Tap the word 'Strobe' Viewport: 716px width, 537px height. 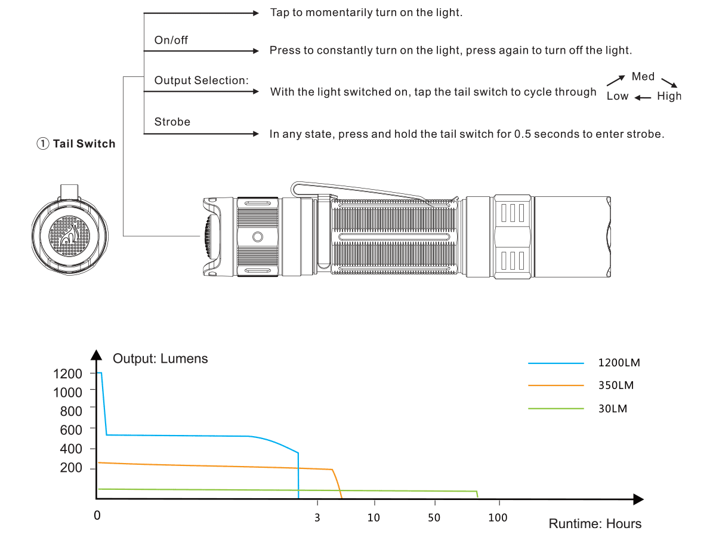(172, 122)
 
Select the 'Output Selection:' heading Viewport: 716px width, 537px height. (201, 81)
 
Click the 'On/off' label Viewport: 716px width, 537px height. (171, 40)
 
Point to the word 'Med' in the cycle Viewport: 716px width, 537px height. (643, 76)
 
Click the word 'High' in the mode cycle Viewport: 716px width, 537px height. (669, 96)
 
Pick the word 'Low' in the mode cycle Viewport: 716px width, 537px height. (618, 96)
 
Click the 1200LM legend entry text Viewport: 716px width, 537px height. (619, 363)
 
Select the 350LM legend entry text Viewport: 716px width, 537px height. (616, 385)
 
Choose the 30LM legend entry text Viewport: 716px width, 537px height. (613, 409)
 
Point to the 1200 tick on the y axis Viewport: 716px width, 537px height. (67, 374)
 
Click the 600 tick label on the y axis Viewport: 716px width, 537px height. (71, 429)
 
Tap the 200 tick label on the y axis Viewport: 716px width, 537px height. (71, 468)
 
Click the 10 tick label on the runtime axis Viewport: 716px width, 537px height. (374, 517)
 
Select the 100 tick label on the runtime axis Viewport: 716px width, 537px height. (498, 517)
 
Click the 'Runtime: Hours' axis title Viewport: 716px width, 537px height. (595, 524)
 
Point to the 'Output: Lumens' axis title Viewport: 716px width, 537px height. (161, 359)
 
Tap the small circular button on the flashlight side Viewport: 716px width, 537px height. (258, 237)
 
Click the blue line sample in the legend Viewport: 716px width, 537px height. (556, 363)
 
